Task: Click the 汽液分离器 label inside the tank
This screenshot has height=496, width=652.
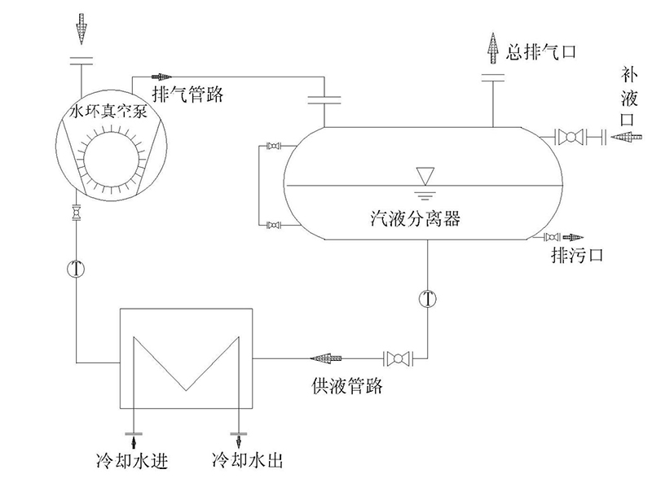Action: coord(415,217)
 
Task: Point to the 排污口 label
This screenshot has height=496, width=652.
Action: coord(576,255)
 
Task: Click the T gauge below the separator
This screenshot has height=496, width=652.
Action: coord(427,298)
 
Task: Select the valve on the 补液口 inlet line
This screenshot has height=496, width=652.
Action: coord(570,136)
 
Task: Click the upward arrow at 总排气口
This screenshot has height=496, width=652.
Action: coord(493,50)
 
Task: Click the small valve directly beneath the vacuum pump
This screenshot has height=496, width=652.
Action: coord(77,213)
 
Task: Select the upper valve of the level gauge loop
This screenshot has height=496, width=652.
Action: coord(275,147)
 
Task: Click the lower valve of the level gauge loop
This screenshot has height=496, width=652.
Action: coord(275,224)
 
